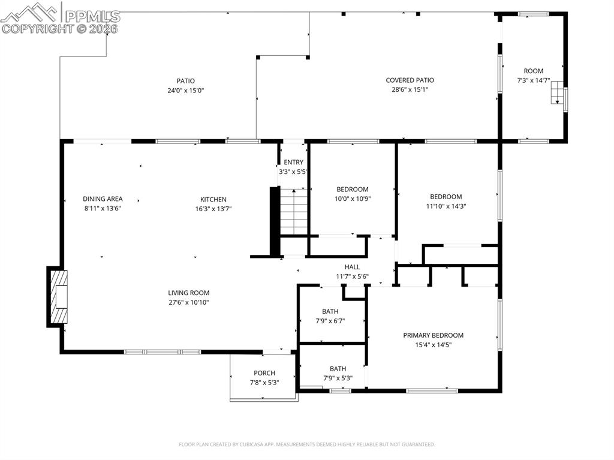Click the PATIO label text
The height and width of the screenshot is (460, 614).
coord(185,81)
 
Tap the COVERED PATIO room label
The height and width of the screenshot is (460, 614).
coord(410,80)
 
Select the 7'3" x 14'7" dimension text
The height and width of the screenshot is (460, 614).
coord(533,80)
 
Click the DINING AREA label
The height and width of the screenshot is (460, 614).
coord(103,199)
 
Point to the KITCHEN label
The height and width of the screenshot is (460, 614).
coord(213,200)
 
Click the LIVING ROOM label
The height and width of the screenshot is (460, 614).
coord(188,293)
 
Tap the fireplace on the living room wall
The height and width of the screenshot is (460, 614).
coord(58,297)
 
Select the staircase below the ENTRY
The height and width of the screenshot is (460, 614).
coord(294,211)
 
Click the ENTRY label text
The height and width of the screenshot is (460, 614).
coord(293,163)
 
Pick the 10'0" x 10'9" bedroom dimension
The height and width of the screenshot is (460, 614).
coord(352,199)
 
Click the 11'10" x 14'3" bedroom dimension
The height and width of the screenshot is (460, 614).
coord(446,206)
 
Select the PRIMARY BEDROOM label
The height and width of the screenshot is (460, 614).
coord(433,335)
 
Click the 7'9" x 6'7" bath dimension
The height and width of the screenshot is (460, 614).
coord(330,321)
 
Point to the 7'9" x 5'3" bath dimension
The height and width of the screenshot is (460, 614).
coord(338,378)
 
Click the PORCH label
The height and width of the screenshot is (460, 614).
coord(264,373)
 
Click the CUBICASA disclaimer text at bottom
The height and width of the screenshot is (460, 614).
coord(306,444)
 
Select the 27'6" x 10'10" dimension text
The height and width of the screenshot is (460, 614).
coord(188,302)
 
